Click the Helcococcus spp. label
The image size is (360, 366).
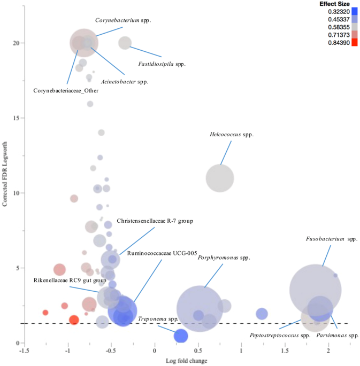tap(231, 135)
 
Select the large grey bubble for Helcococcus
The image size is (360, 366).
tap(220, 178)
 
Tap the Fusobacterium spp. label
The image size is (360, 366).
tap(331, 239)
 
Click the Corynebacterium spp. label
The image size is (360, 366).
tap(123, 20)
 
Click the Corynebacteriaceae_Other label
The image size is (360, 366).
tap(66, 90)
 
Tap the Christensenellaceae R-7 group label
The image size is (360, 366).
tap(155, 221)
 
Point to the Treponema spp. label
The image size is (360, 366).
tap(158, 319)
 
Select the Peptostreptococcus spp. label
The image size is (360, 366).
tap(280, 336)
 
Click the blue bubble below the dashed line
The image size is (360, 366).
tap(181, 336)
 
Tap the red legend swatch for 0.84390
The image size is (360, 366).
tap(354, 42)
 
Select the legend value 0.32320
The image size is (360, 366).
tap(332, 11)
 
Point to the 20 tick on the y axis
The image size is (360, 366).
tap(16, 43)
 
